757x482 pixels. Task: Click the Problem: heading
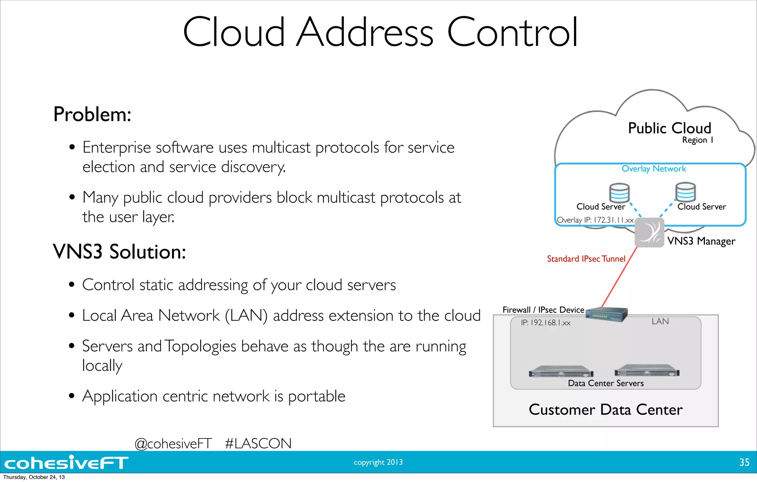(92, 114)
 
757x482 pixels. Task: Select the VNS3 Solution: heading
(119, 252)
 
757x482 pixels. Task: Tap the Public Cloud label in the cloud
(669, 128)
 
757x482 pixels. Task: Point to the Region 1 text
(697, 140)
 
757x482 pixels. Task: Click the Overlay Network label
(654, 169)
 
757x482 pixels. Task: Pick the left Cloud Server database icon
(619, 193)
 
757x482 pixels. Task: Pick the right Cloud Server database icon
(685, 192)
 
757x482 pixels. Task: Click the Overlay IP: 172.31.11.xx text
(595, 220)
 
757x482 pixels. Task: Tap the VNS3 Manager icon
(649, 232)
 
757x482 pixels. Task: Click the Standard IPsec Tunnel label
(586, 259)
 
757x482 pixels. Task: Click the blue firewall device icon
(607, 315)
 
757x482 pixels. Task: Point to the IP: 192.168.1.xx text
(546, 323)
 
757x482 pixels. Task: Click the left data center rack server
(561, 372)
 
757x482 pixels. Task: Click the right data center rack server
(647, 371)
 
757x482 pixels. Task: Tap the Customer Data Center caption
(605, 410)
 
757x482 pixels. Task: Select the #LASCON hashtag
(258, 443)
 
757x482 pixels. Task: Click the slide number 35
(744, 462)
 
